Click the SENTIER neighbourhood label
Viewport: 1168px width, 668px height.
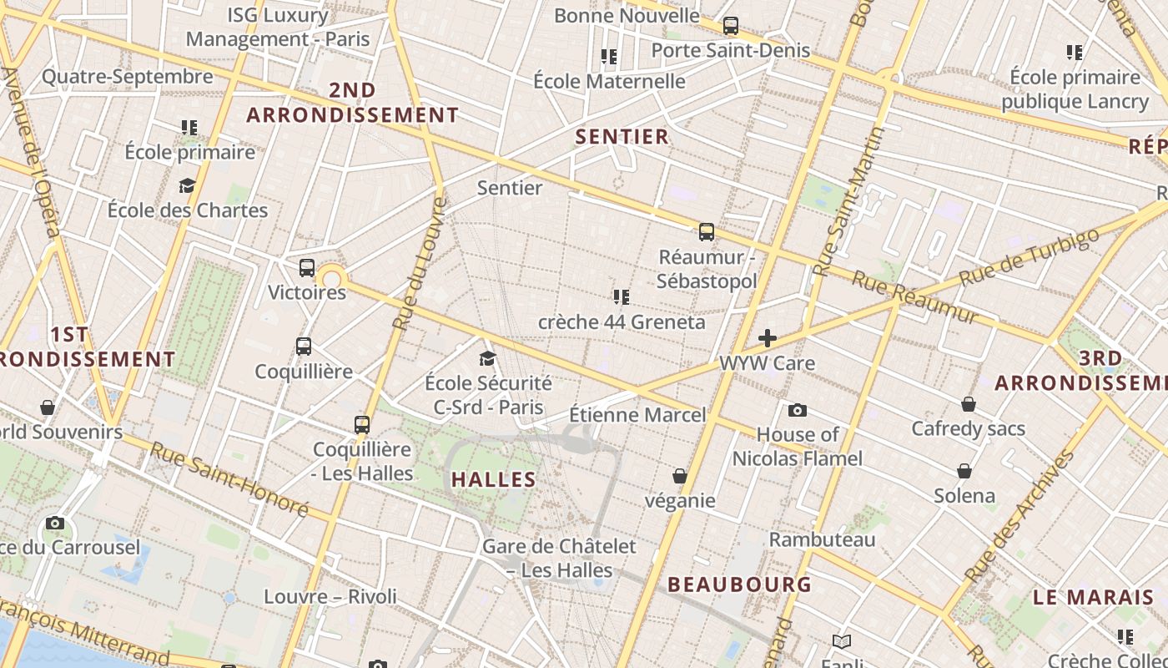pyautogui.click(x=622, y=137)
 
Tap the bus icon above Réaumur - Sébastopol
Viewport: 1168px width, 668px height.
pyautogui.click(x=707, y=232)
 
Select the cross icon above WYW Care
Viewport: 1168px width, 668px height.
pyautogui.click(x=767, y=338)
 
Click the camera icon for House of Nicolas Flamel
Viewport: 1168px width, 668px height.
pyautogui.click(x=798, y=410)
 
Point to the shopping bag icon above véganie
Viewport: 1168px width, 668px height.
pyautogui.click(x=680, y=476)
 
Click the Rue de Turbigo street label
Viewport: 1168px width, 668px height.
pyautogui.click(x=1030, y=256)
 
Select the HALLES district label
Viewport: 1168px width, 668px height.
pyautogui.click(x=493, y=479)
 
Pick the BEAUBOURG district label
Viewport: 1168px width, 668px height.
pyautogui.click(x=739, y=584)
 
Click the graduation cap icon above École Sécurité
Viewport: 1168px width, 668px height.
pyautogui.click(x=487, y=359)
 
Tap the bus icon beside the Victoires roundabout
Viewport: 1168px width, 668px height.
pyautogui.click(x=307, y=268)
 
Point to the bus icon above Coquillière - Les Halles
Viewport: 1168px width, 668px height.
pyautogui.click(x=361, y=424)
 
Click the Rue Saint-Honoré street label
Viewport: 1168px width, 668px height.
pyautogui.click(x=229, y=478)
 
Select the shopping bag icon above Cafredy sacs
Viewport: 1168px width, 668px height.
pyautogui.click(x=969, y=404)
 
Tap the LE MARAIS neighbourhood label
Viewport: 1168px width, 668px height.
pyautogui.click(x=1093, y=598)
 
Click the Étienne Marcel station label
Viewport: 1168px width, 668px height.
pyautogui.click(x=637, y=415)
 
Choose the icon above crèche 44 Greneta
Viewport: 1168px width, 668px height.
pyautogui.click(x=621, y=297)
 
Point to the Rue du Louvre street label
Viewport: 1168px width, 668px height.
pyautogui.click(x=420, y=263)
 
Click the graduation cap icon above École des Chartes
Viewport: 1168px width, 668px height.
pyautogui.click(x=187, y=185)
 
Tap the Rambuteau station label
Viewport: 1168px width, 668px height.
pyautogui.click(x=822, y=539)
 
